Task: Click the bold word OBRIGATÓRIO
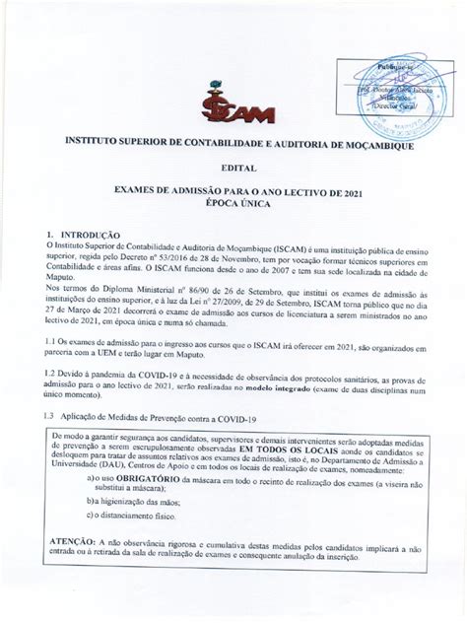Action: coord(140,478)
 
